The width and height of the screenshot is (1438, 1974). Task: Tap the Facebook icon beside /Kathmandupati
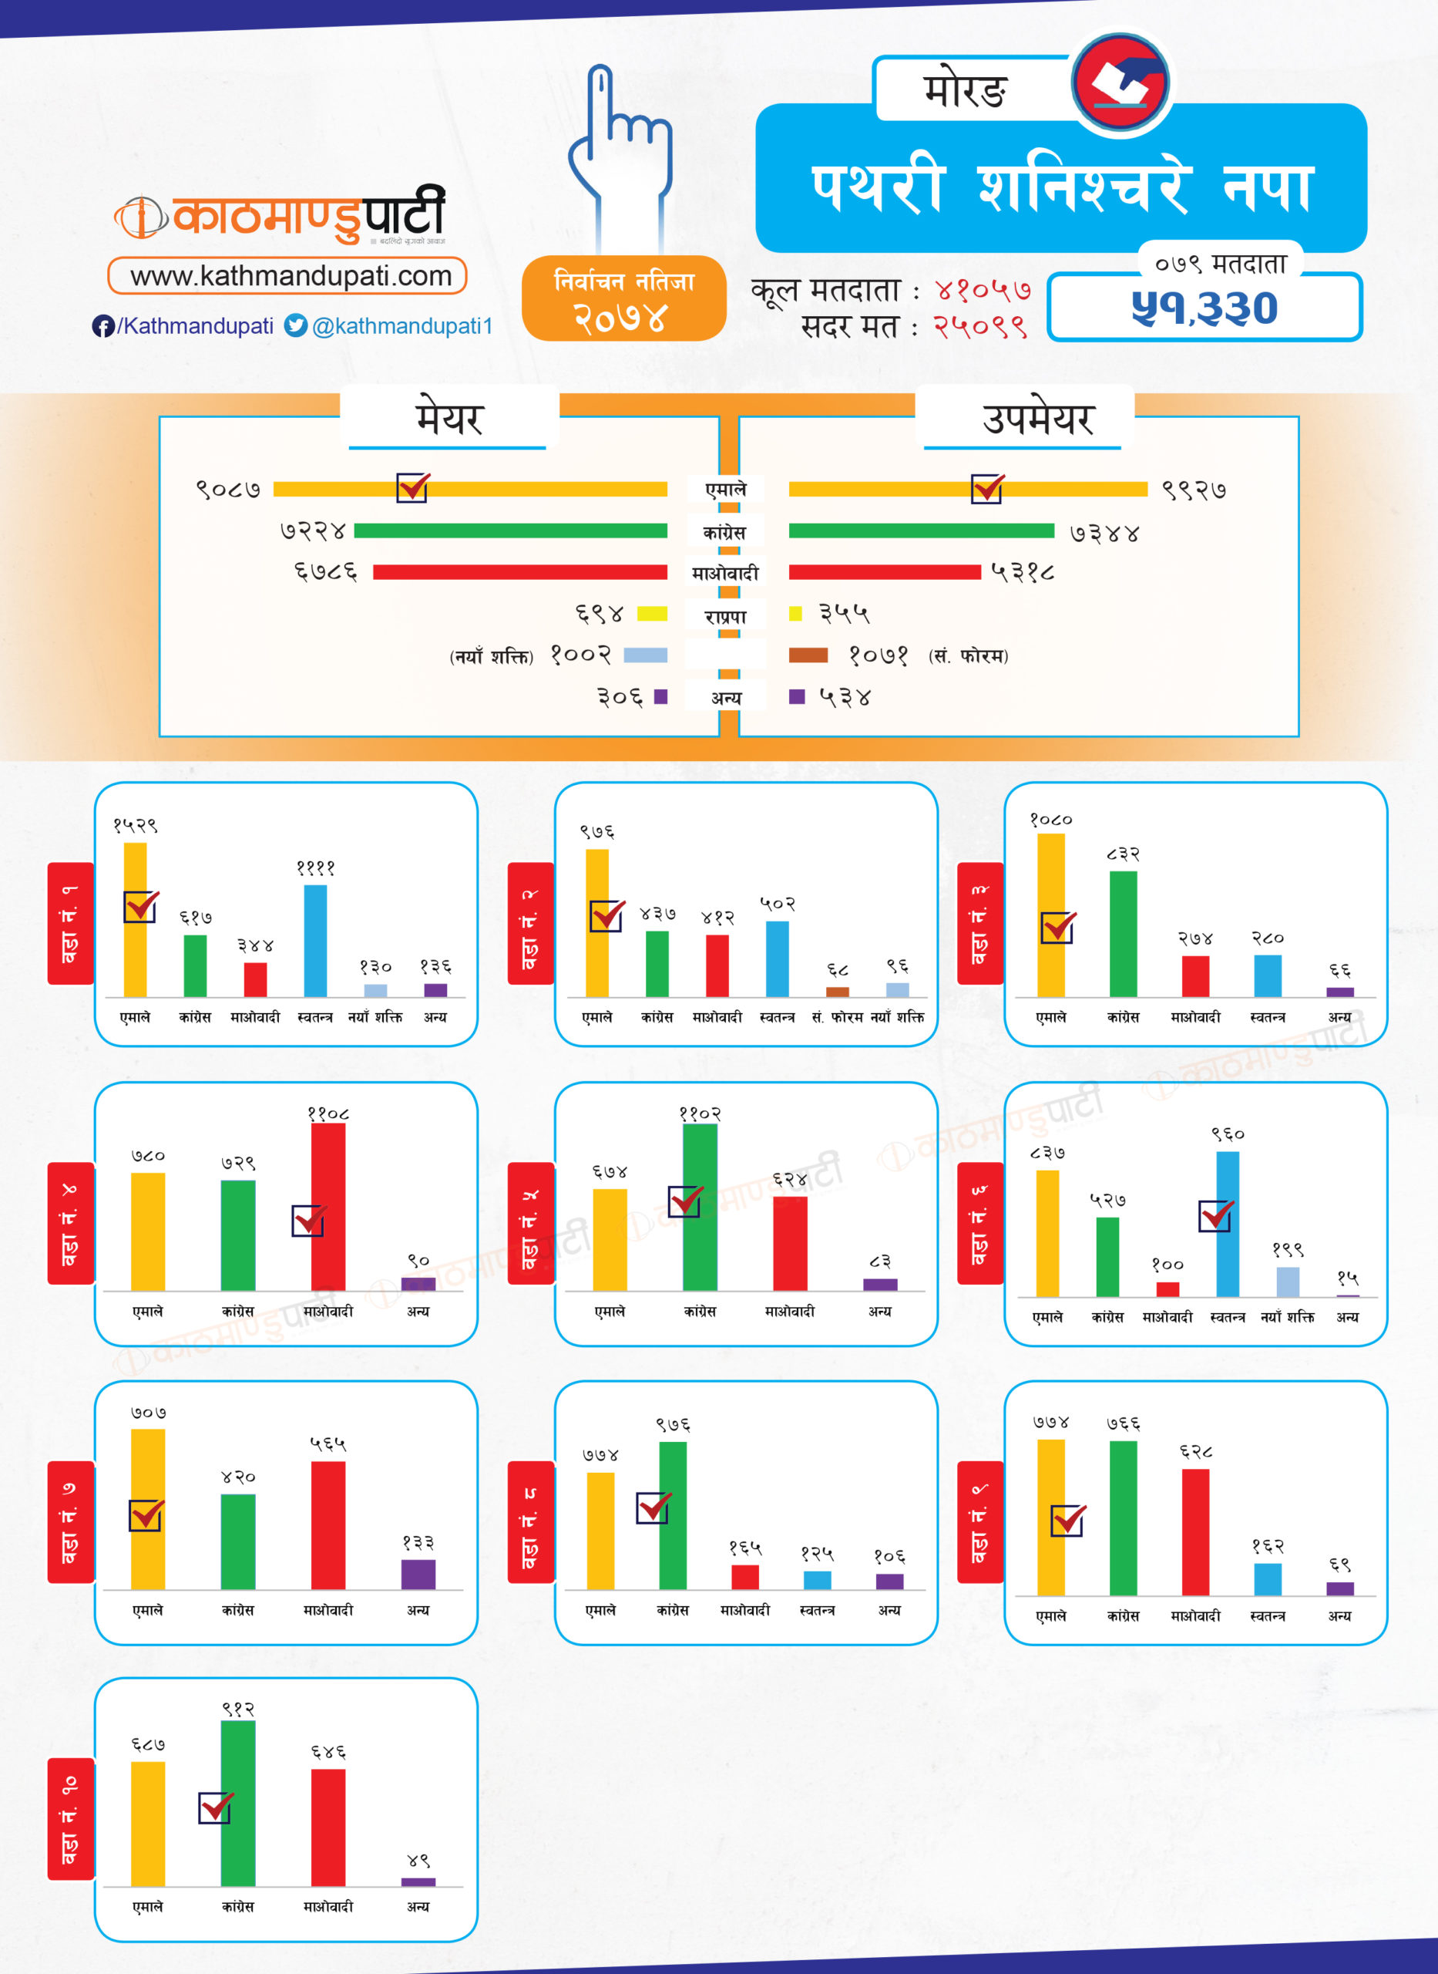point(102,325)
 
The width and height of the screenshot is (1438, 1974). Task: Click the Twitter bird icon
point(296,325)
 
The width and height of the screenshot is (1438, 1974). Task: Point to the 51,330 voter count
point(1204,308)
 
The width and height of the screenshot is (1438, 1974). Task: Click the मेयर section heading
point(449,419)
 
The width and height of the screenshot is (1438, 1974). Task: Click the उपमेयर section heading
point(1037,419)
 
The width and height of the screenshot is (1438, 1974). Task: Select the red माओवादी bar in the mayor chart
point(519,572)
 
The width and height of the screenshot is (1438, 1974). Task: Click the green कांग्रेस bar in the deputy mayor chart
point(921,531)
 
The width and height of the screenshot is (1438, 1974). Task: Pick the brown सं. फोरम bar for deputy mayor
point(808,655)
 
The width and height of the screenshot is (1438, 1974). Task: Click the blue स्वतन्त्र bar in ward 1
point(315,941)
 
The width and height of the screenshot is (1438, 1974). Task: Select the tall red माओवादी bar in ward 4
point(328,1206)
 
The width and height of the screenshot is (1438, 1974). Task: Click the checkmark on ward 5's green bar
point(685,1201)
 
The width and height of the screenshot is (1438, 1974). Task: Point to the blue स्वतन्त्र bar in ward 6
point(1228,1224)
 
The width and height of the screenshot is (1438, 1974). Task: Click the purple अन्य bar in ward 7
point(418,1574)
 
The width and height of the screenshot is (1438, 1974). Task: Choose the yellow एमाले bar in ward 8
point(600,1530)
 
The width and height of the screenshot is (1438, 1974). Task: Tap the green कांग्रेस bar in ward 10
point(237,1803)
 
